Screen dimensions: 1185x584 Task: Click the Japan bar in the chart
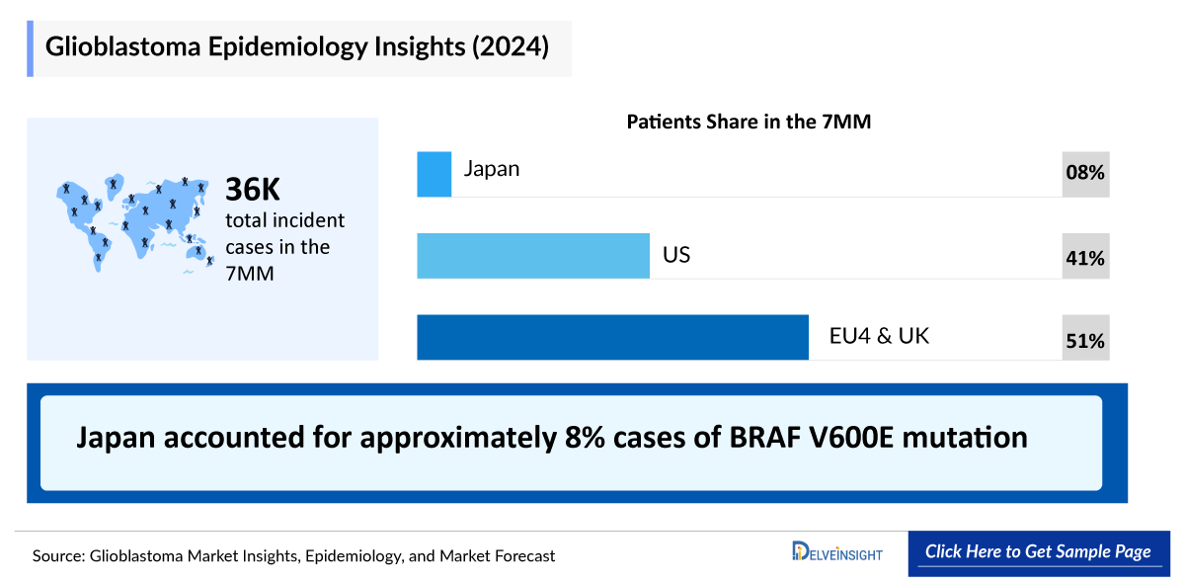click(434, 174)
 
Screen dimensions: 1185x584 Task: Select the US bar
click(533, 256)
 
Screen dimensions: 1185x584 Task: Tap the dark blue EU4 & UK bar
click(612, 337)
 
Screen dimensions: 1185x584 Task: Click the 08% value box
click(1085, 174)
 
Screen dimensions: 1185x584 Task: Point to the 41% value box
click(1085, 256)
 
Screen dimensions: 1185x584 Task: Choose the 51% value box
click(1085, 337)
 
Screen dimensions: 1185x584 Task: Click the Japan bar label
click(492, 169)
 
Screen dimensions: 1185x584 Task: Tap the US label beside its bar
click(676, 255)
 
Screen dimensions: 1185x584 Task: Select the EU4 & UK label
click(879, 336)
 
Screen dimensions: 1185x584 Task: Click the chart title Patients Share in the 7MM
click(749, 122)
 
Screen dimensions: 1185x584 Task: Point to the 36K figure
click(253, 189)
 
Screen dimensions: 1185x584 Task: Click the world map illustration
click(135, 223)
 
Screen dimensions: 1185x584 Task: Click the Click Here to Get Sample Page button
click(1039, 553)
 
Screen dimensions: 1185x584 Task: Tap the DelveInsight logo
click(837, 551)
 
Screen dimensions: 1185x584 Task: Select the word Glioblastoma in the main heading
click(122, 46)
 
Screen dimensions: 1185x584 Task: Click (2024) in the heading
click(511, 46)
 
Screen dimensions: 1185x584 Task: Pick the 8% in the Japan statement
click(585, 438)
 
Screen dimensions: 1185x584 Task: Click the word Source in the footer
click(58, 556)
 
